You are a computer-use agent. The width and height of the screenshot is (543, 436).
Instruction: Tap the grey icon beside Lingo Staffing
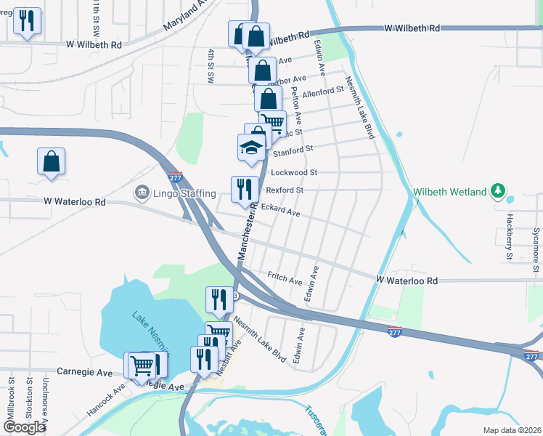coord(141,193)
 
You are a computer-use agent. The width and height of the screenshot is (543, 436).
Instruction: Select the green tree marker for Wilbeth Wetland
coord(497,192)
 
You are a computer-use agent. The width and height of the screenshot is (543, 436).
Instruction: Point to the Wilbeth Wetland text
coord(449,193)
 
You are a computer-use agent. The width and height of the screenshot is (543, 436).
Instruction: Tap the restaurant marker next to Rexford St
coord(245,189)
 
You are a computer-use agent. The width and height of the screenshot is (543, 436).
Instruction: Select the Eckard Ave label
coord(281,211)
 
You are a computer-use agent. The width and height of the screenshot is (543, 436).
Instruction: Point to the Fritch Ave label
coord(285,278)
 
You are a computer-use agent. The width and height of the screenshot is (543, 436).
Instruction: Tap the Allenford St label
coord(322,92)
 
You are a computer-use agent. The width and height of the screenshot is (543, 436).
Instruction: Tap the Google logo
coord(24,427)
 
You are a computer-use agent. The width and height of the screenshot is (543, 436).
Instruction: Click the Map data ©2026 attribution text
coord(511,430)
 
